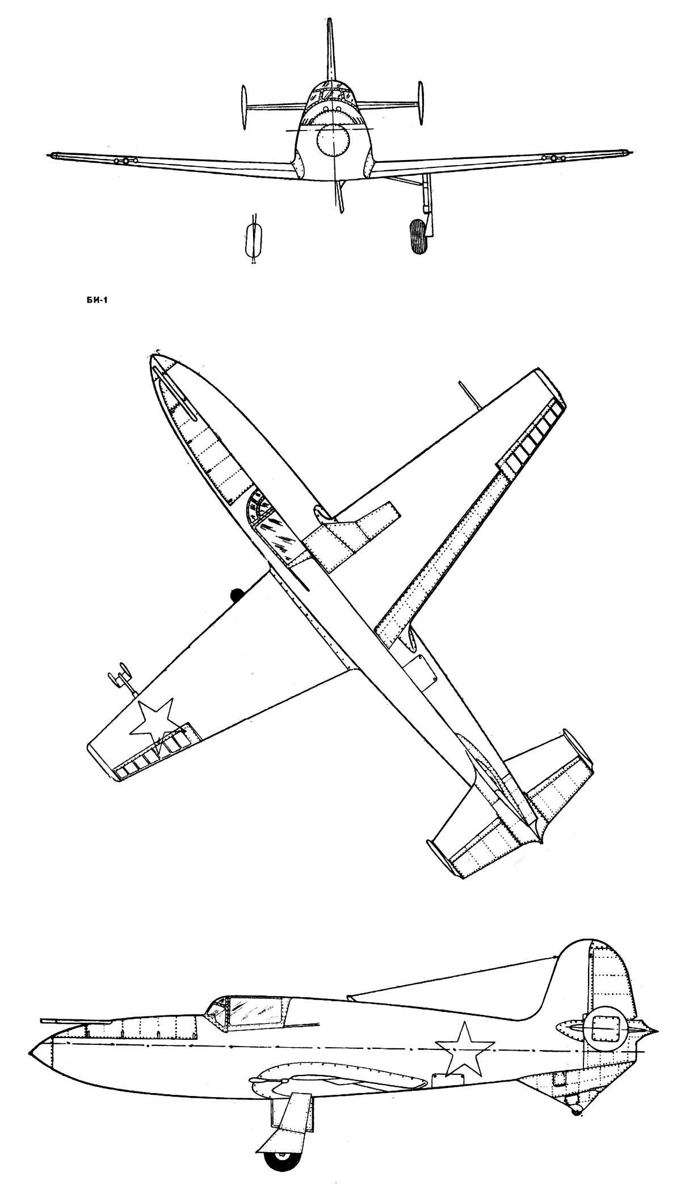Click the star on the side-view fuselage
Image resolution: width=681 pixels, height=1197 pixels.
point(464,1046)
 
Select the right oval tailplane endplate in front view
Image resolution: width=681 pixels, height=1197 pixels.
point(421,103)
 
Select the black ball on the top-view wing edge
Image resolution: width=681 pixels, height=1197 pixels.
point(236,594)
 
